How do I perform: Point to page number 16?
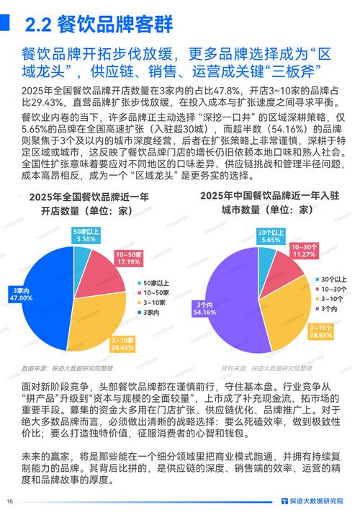point(10,502)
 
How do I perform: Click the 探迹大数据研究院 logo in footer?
point(317,501)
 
